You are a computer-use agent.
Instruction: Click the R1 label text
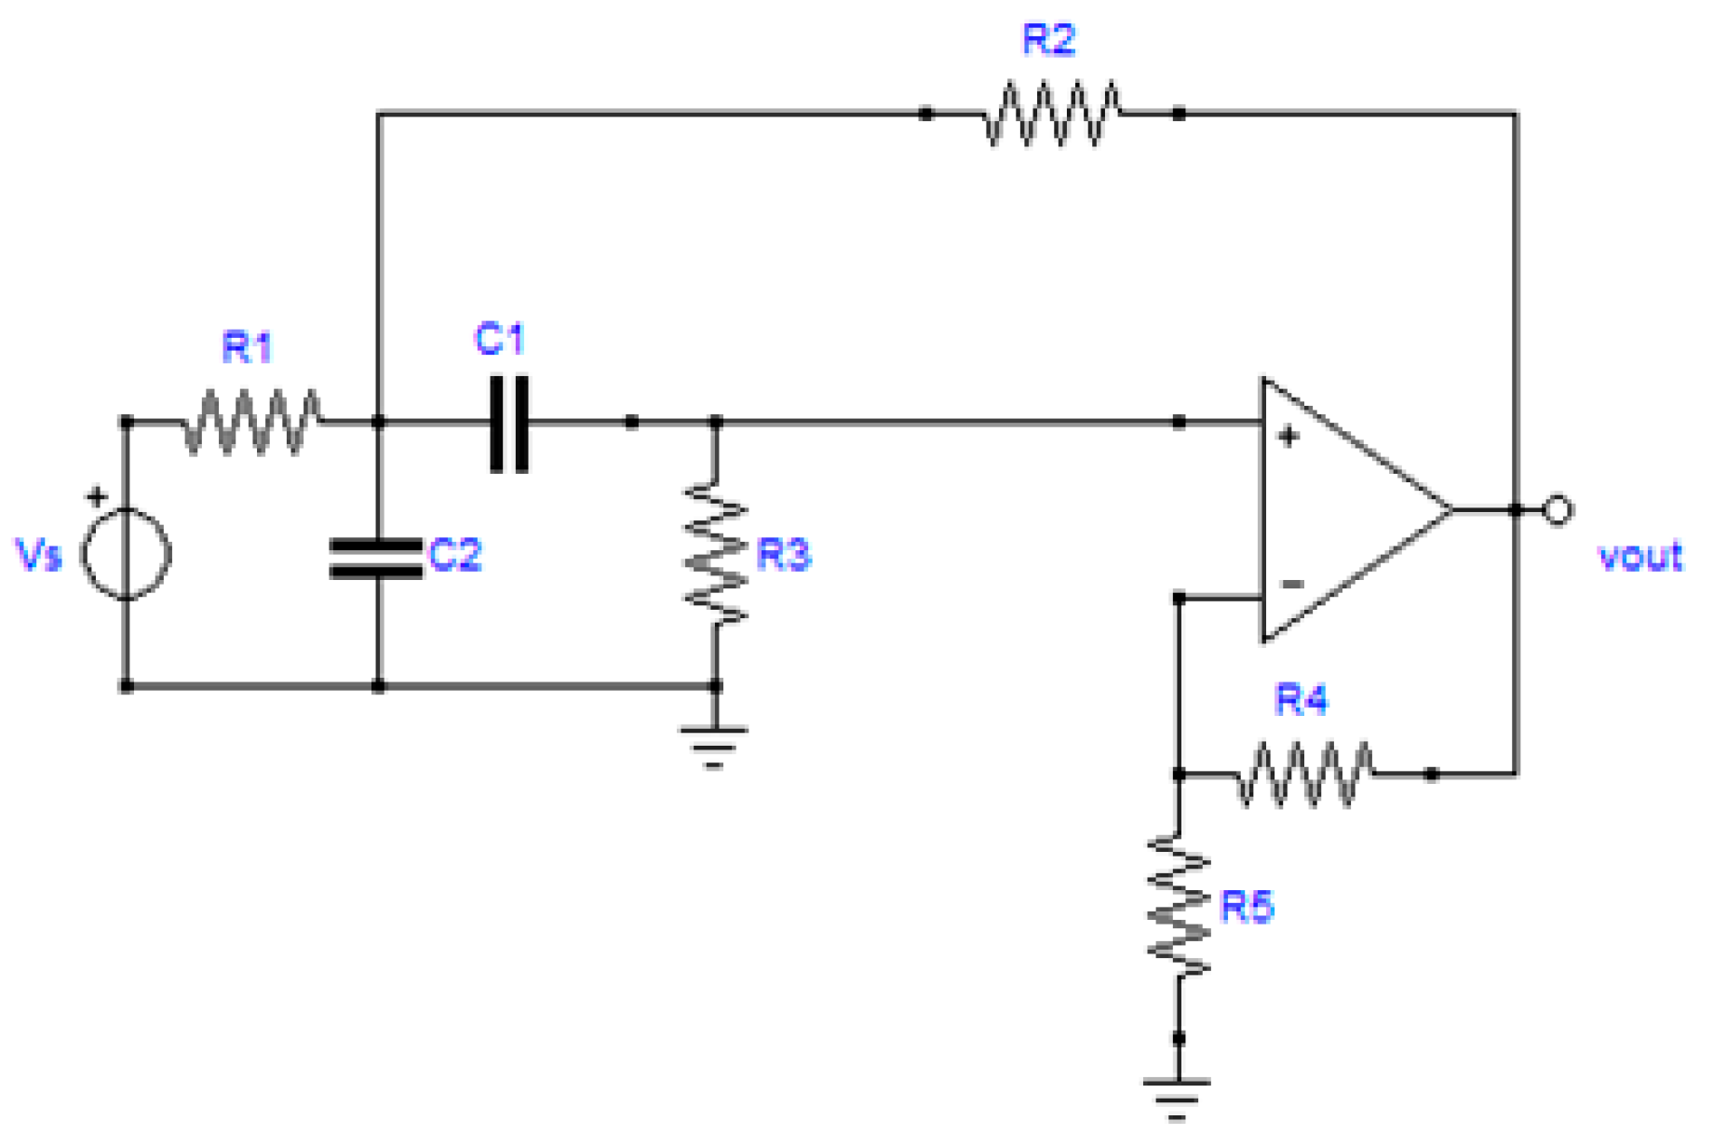point(247,347)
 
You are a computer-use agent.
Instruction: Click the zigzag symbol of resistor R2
point(1052,114)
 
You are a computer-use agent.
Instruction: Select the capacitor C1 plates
point(509,423)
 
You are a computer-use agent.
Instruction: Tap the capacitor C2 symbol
point(377,559)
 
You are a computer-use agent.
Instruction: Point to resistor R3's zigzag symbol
point(715,552)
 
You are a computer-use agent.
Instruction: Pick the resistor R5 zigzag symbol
point(1179,905)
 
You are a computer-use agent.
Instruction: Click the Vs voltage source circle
point(126,553)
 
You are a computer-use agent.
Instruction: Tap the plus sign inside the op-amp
point(1288,436)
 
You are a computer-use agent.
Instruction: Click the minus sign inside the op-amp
point(1292,584)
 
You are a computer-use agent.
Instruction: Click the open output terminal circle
point(1558,510)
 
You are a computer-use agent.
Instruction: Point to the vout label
point(1639,557)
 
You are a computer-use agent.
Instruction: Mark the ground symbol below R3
point(714,746)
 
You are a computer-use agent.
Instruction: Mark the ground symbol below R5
point(1178,1097)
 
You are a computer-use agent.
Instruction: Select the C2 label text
point(454,555)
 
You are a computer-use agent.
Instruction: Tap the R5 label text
point(1247,906)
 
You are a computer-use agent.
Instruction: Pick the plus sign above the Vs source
point(97,496)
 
